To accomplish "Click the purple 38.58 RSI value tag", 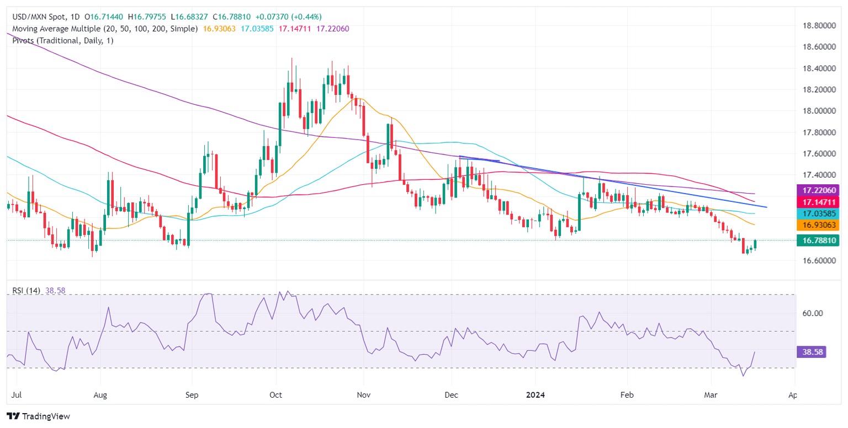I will (810, 351).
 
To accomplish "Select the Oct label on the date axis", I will (275, 395).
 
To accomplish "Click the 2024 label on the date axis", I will (536, 395).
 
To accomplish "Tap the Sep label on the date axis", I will (192, 395).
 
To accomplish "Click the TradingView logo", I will (38, 416).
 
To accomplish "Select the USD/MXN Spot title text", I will (38, 17).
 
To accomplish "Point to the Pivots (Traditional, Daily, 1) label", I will (60, 40).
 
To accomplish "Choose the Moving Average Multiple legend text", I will (102, 29).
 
